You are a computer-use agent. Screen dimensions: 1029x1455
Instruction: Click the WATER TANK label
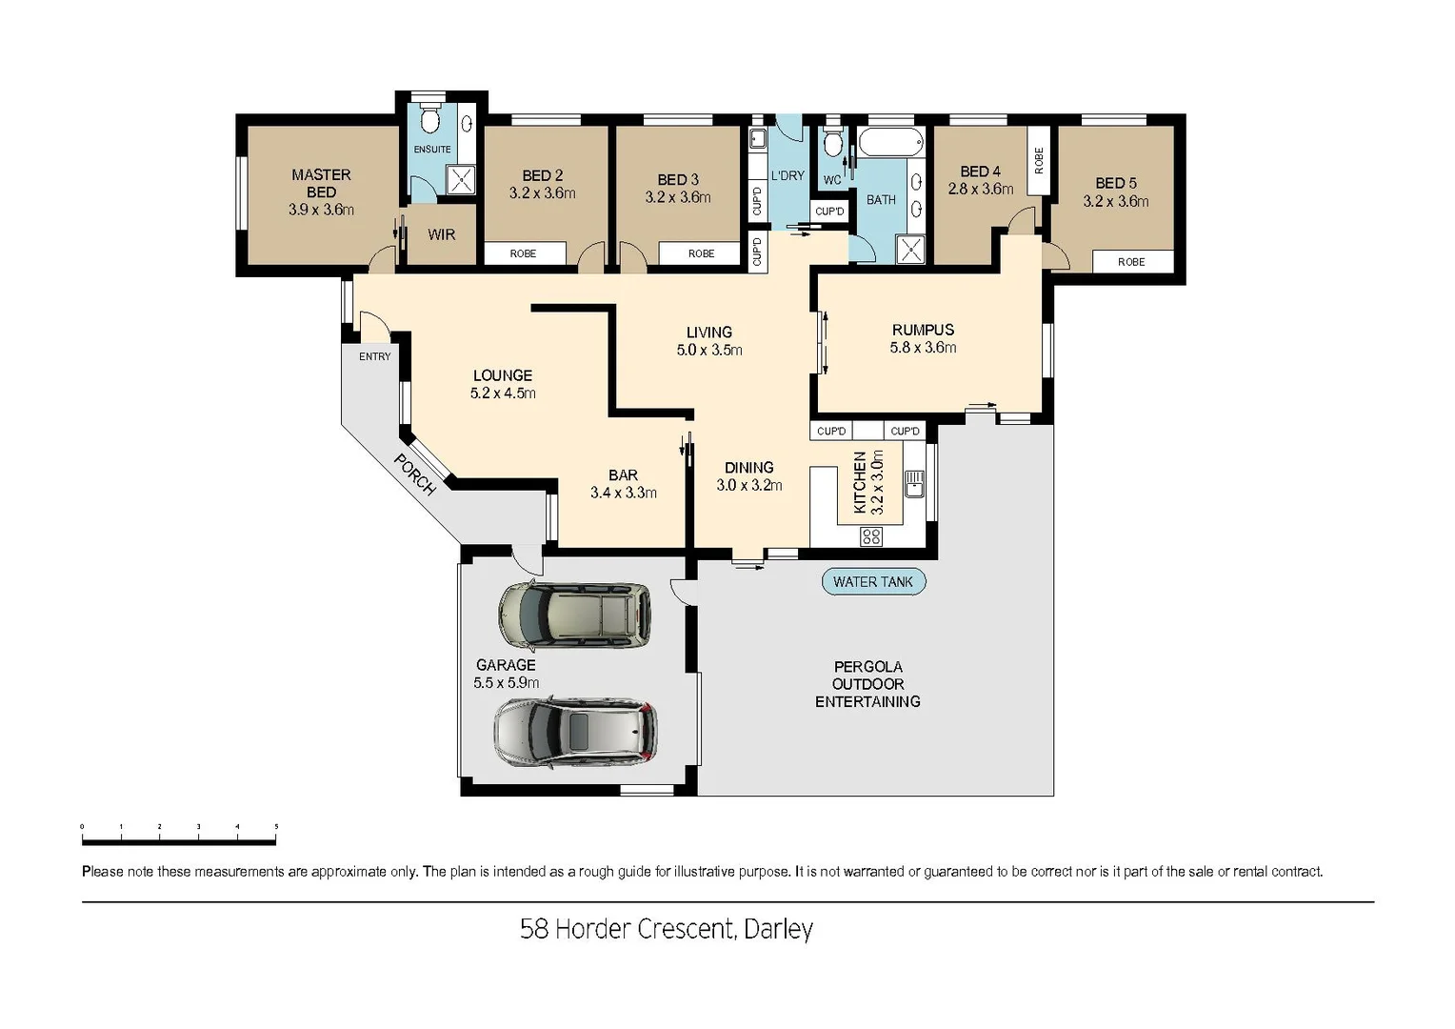coord(872,581)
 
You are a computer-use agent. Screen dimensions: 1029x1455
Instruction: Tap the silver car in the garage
coord(575,733)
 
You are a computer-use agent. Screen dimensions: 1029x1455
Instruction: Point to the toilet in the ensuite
coord(429,120)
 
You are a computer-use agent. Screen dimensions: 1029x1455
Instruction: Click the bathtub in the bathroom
coord(890,143)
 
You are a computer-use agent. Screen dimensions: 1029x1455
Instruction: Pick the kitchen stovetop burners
coord(870,536)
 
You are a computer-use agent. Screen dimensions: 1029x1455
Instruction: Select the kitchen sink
coord(914,483)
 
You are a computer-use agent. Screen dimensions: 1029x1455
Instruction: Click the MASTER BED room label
coord(321,183)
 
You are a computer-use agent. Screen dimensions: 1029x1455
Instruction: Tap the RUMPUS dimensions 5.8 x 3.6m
coord(923,348)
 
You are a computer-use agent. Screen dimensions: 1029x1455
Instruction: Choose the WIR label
coord(441,234)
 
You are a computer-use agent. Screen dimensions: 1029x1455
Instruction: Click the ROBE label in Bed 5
coord(1130,262)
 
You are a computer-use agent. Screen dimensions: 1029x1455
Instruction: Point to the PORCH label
coord(415,474)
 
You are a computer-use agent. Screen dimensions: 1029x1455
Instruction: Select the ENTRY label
coord(374,356)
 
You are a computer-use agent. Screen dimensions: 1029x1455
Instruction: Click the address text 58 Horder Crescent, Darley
coord(666,928)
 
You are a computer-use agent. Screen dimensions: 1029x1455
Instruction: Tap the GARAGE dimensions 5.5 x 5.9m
coord(506,682)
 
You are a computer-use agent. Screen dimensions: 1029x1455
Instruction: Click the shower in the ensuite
coord(461,180)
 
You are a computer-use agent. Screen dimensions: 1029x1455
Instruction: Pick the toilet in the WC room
coord(833,143)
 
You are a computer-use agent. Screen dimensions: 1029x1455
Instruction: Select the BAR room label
coord(623,474)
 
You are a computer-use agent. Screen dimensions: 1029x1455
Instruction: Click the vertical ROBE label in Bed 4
coord(1038,160)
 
